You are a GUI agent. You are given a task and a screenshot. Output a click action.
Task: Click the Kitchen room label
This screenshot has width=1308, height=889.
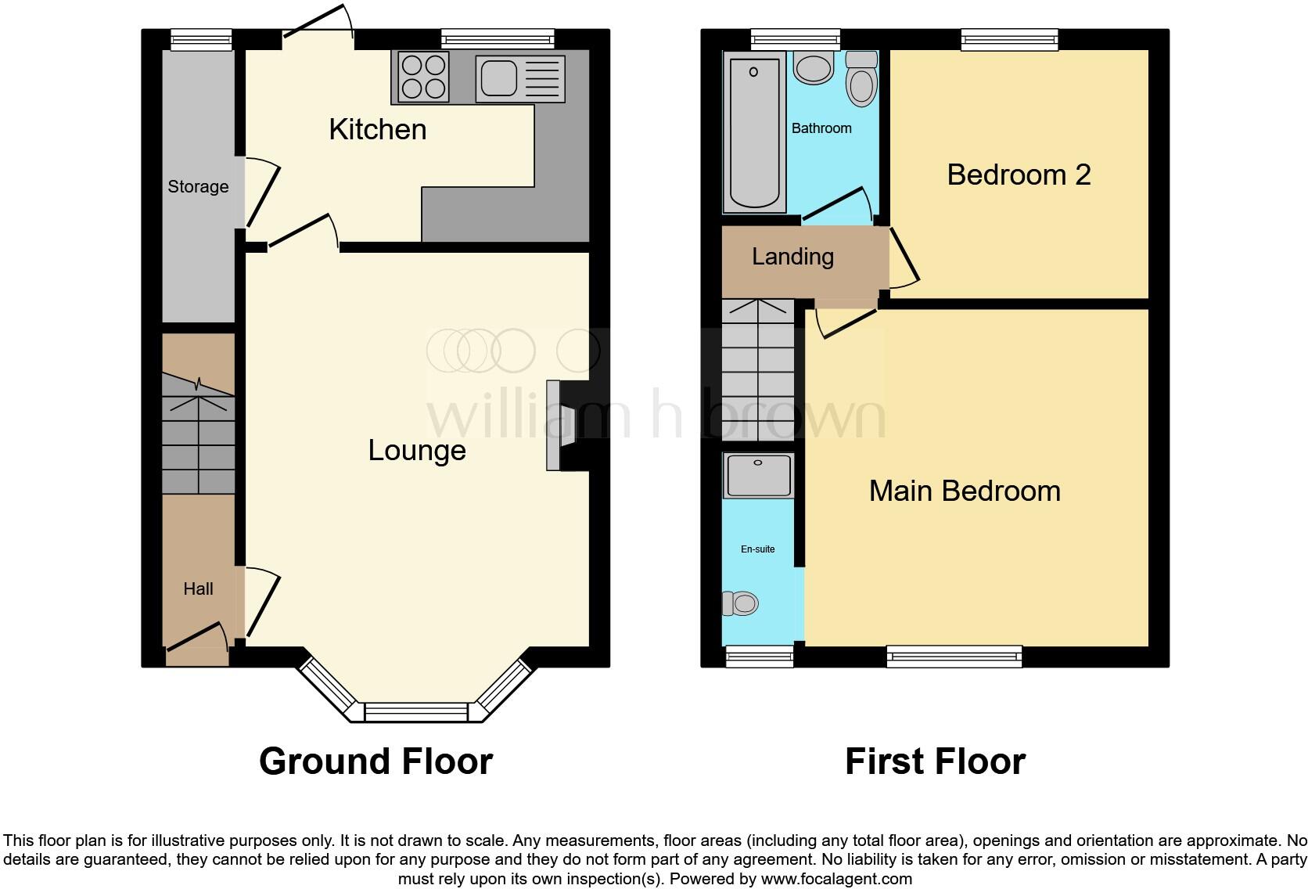tap(378, 129)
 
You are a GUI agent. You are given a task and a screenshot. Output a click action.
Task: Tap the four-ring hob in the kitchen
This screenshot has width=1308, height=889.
tap(423, 77)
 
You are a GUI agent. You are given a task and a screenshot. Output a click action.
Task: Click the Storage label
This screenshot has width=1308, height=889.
tap(198, 186)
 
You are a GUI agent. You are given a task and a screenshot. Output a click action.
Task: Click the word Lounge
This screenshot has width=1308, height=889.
tap(417, 450)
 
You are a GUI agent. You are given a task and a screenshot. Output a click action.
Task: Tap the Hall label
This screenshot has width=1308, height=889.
tap(198, 588)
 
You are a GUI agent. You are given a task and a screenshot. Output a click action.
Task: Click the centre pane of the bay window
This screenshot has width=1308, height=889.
tap(416, 712)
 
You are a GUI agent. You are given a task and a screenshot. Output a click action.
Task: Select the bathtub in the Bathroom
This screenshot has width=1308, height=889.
tap(755, 131)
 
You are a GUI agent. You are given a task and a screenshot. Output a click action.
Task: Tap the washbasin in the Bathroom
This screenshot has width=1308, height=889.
tap(814, 68)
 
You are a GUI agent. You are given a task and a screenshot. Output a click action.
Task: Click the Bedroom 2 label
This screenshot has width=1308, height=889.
tap(1019, 175)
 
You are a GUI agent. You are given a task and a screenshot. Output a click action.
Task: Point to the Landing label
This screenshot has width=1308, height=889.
tap(792, 257)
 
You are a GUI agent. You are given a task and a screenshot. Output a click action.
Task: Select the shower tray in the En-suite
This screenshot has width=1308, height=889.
tap(758, 475)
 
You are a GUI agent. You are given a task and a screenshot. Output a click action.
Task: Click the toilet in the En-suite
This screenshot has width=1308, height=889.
tap(740, 603)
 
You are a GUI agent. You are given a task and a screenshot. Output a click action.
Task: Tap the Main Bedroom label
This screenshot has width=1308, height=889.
tap(965, 491)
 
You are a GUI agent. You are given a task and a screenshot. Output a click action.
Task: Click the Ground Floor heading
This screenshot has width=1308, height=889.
tap(376, 761)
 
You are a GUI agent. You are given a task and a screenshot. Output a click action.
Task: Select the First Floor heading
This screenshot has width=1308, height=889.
tap(935, 761)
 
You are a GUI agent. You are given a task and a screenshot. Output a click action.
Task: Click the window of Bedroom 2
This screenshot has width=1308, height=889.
tap(1009, 38)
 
